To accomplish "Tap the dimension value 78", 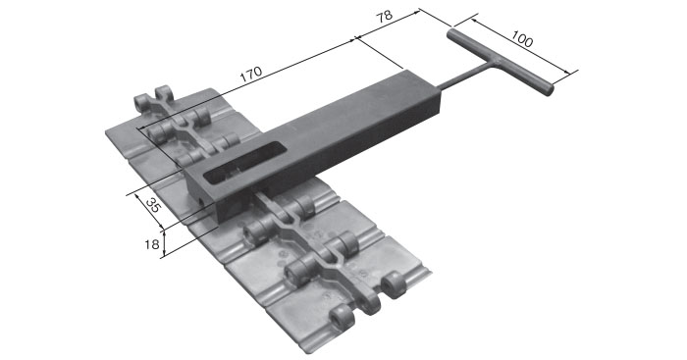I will point(384,19).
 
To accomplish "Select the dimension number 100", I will point(522,40).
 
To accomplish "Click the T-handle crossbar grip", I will point(501,61).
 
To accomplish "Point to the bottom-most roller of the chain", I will point(341,320).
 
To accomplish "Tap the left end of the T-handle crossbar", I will point(452,33).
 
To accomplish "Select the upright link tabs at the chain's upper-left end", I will point(155,102).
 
